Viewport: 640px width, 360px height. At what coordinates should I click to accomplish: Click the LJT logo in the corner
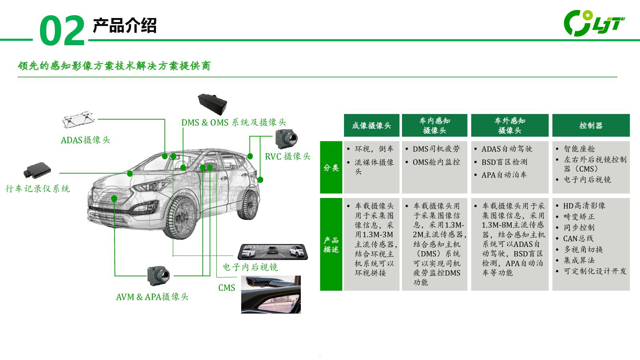coord(594,23)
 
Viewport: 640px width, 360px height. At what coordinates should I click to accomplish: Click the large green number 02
coord(62,30)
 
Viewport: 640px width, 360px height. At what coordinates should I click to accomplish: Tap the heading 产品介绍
coord(124,26)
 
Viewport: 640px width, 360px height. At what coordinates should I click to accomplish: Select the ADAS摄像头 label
coord(85,140)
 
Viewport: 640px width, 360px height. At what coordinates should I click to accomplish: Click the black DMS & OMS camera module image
coord(212,104)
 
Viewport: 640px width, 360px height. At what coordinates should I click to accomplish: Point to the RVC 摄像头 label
coord(288,156)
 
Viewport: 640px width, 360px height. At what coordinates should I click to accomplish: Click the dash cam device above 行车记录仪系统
coord(38,170)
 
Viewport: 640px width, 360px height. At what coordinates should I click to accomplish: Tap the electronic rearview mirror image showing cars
coord(273,252)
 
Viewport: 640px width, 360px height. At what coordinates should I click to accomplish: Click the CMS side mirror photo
coord(271,294)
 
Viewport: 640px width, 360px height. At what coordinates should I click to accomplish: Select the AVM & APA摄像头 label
coord(152,297)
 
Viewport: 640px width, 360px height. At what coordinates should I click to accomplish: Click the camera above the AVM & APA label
coord(158,276)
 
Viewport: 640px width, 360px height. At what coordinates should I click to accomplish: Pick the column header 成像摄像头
coord(371,126)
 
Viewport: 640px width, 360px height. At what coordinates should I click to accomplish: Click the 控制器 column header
coord(591,126)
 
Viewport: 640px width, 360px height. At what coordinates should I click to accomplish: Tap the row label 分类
coord(331,168)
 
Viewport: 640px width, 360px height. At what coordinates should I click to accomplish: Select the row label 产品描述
coord(331,244)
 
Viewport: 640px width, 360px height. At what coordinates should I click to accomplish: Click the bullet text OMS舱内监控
coord(436,162)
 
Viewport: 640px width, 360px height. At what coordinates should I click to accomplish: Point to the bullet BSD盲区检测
coord(504,162)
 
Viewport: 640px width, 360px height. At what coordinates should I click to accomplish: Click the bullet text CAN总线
coord(578,238)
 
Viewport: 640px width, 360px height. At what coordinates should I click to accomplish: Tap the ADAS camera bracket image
coord(78,120)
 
